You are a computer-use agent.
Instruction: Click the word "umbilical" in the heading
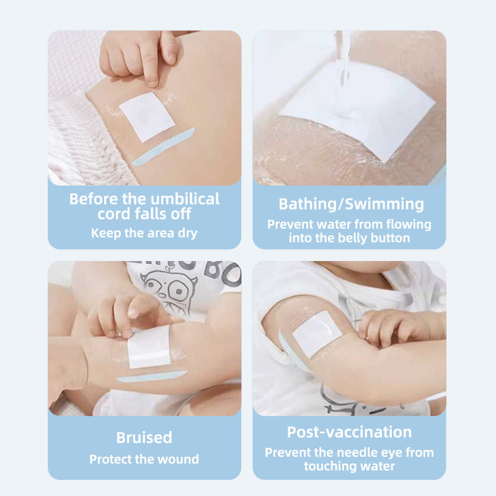point(185,199)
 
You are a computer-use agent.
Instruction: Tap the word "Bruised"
point(144,438)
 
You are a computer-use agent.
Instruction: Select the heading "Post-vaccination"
point(349,432)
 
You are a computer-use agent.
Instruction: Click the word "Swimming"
point(384,205)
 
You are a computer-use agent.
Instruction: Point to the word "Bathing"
point(308,205)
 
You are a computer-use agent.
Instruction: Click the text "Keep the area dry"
point(144,233)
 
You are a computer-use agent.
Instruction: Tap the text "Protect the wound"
point(144,459)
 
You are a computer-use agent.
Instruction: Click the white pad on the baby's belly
point(147,117)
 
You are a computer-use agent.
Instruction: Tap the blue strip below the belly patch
point(163,147)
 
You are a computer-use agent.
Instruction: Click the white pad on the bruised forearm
point(149,347)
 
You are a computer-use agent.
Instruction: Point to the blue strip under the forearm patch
point(152,376)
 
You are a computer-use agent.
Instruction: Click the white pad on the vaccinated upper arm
point(317,334)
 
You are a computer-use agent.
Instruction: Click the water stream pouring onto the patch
point(344,58)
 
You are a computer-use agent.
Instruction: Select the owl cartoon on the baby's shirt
point(169,290)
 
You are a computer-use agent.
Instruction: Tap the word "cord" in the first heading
point(114,214)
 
